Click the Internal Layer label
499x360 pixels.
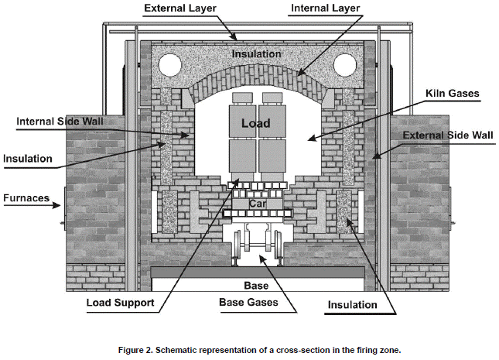[x=326, y=8]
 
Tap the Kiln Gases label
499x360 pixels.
[x=452, y=93]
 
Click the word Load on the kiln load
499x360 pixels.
[x=255, y=122]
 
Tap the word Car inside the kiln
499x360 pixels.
[x=256, y=203]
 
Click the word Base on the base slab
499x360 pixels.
[x=256, y=285]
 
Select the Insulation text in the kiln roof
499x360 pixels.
[x=256, y=53]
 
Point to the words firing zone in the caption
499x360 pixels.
[x=376, y=350]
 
